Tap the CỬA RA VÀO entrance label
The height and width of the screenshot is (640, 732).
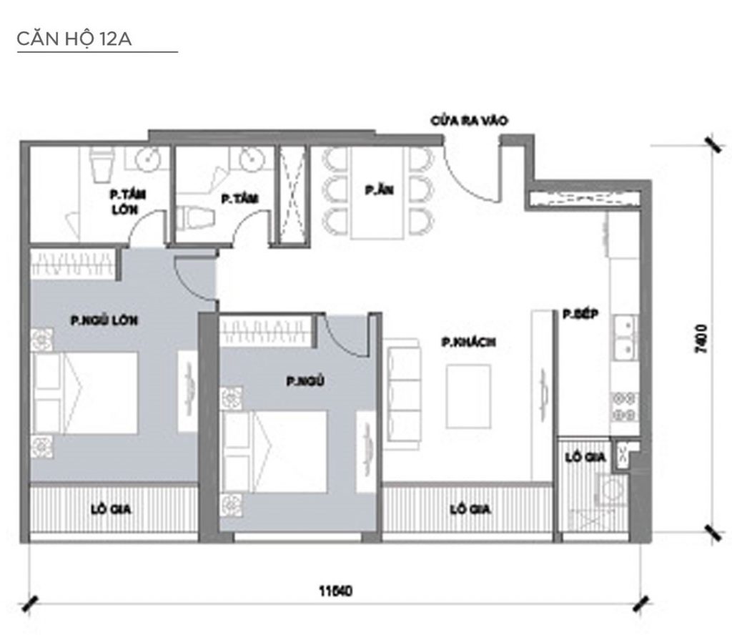point(468,121)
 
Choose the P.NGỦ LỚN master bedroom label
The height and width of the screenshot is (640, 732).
point(104,321)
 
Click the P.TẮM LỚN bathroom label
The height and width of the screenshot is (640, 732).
point(124,201)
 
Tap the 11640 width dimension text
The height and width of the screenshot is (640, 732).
point(336,591)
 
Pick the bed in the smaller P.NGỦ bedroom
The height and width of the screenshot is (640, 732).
point(275,451)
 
